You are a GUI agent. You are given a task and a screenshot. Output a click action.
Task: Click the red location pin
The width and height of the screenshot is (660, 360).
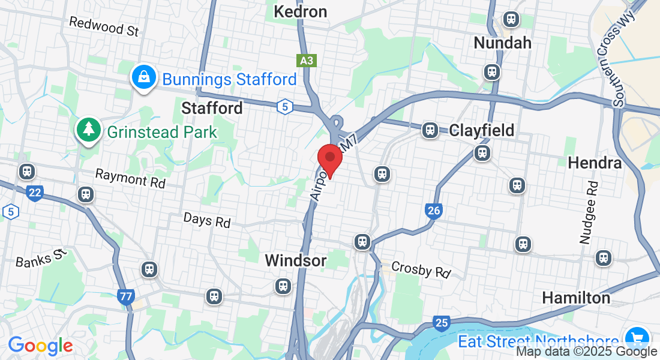click(x=329, y=159)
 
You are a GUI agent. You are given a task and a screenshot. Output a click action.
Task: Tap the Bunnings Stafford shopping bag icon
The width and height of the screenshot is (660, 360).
click(x=144, y=77)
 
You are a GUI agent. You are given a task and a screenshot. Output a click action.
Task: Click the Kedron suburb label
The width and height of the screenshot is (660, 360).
click(x=300, y=11)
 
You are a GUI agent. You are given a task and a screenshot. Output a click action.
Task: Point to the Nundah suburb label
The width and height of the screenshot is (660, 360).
click(x=502, y=43)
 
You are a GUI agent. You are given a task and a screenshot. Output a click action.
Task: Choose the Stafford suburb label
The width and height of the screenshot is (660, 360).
click(x=212, y=108)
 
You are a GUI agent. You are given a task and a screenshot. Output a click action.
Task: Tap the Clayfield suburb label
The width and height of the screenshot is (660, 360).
click(x=482, y=130)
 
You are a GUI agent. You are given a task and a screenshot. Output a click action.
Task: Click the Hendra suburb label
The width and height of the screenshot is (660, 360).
click(x=594, y=163)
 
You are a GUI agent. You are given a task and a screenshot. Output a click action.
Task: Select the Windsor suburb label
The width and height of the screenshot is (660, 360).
click(x=296, y=260)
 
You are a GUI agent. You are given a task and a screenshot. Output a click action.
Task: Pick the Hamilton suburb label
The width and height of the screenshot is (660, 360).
click(x=576, y=298)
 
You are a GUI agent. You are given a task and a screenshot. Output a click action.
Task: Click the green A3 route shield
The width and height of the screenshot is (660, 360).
click(x=306, y=61)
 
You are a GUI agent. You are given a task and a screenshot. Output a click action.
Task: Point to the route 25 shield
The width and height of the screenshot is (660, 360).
click(x=441, y=324)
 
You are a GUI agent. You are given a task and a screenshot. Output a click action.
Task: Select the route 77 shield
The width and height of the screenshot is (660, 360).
click(x=126, y=296)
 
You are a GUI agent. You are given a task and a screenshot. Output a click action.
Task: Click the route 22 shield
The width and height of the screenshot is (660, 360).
click(x=35, y=193)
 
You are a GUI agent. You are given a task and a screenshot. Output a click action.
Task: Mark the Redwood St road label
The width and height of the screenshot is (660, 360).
click(x=104, y=26)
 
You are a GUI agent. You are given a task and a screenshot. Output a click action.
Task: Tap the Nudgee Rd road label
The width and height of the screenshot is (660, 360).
click(x=588, y=213)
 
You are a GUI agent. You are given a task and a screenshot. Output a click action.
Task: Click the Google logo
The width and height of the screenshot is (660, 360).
click(x=40, y=346)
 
